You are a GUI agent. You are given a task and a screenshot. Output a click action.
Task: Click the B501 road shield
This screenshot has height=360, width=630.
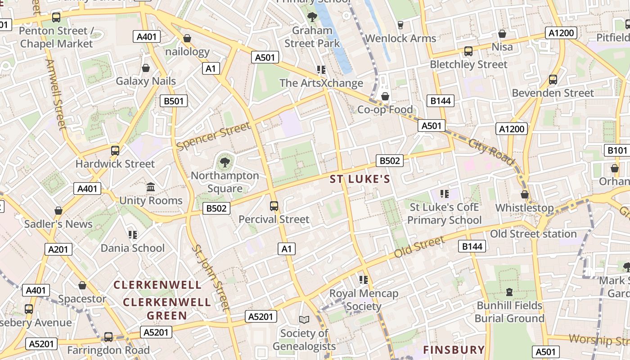(174, 101)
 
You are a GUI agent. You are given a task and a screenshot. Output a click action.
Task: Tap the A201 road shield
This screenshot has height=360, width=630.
(58, 249)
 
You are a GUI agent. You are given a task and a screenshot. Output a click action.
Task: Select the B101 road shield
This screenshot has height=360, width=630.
(617, 150)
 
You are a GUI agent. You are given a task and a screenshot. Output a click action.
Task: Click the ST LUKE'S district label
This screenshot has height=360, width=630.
(360, 180)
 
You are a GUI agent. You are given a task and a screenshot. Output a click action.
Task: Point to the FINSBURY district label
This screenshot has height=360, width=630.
(454, 350)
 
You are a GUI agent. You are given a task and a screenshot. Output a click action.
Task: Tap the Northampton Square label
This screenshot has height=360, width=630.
(225, 182)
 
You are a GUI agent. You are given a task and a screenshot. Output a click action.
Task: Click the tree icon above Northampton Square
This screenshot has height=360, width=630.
(225, 162)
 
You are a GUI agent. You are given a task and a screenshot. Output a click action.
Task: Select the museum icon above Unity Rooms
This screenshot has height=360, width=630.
(151, 187)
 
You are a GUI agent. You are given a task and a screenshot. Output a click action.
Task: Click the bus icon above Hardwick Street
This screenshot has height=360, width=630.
(115, 150)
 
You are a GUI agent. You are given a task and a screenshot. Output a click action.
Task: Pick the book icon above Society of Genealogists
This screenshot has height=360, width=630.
(304, 319)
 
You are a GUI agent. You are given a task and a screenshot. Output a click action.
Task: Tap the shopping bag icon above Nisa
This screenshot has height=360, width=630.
(502, 34)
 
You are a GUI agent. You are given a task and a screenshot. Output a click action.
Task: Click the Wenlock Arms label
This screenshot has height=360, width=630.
(400, 38)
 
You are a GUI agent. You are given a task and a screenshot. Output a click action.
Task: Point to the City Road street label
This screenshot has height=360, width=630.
(491, 151)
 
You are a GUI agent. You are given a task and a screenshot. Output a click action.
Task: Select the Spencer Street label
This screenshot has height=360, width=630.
(213, 136)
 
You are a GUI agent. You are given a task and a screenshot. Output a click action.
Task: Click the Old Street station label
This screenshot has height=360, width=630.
(533, 234)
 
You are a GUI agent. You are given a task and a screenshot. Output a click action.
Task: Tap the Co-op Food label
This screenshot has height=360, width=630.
(385, 109)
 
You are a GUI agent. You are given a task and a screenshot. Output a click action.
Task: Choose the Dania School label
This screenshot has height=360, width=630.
(133, 248)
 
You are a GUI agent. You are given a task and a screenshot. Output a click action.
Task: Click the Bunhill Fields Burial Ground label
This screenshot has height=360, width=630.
(509, 312)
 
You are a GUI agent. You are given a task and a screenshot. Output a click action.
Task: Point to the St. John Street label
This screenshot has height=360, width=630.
(211, 277)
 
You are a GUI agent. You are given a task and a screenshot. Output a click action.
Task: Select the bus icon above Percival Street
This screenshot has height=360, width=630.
(274, 206)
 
